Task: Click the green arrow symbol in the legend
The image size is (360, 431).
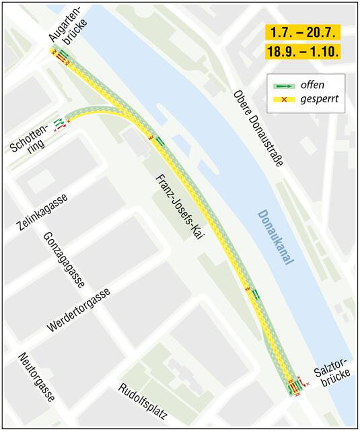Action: tap(285, 86)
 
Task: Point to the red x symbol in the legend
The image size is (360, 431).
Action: tap(284, 100)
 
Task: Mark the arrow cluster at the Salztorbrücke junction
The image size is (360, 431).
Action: tap(294, 387)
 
